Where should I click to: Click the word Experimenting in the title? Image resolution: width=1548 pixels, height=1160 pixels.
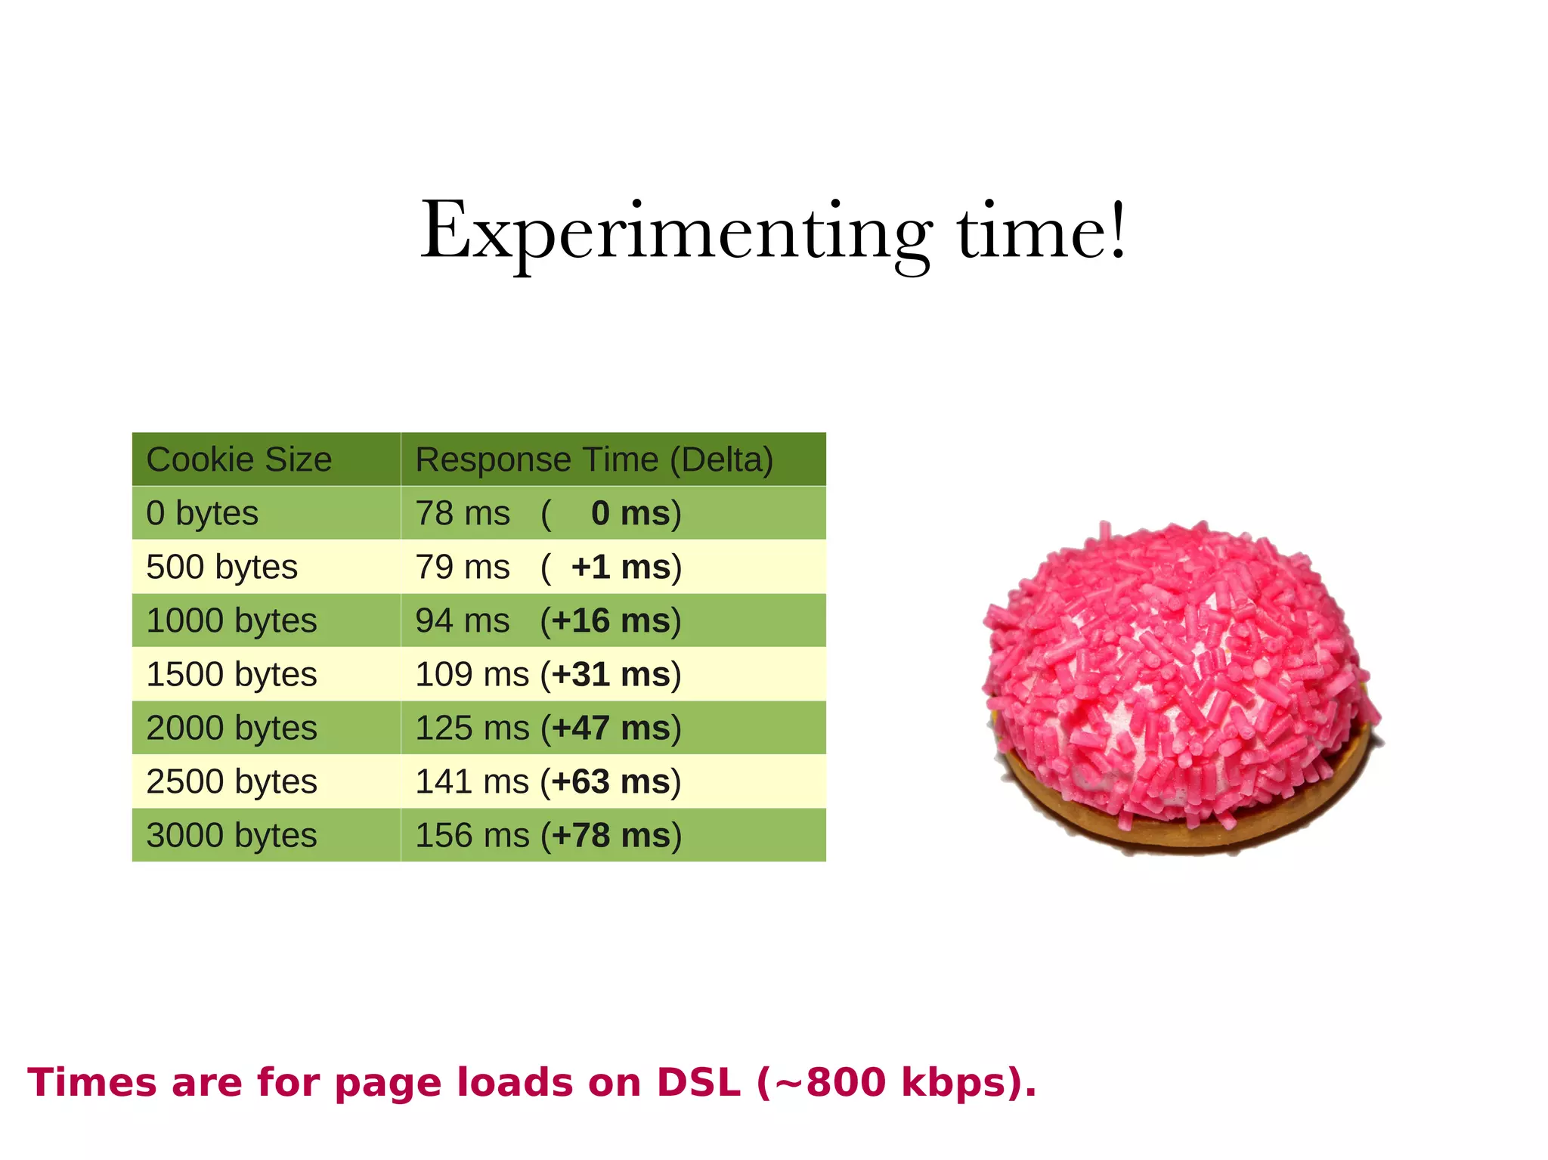(676, 232)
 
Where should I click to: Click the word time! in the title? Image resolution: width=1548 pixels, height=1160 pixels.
(1042, 232)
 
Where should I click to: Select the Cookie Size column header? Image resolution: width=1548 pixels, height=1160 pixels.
(239, 459)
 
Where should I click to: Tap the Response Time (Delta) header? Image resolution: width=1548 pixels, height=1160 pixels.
(594, 459)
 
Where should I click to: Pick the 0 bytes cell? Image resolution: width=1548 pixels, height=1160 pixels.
(202, 513)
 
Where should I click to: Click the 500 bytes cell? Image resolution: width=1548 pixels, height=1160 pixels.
(221, 567)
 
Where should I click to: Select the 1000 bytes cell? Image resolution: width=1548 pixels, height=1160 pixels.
(231, 620)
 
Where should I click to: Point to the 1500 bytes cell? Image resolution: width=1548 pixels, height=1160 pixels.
(231, 674)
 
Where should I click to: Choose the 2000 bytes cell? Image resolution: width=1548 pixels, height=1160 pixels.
(231, 728)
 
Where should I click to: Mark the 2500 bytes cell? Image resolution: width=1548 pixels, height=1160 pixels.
(231, 781)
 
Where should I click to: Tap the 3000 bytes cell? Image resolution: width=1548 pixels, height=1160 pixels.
(231, 835)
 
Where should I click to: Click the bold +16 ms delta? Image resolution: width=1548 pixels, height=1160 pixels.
(611, 620)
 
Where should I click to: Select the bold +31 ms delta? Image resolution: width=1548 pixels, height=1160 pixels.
(611, 674)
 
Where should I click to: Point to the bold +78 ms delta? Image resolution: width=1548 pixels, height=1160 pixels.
(611, 835)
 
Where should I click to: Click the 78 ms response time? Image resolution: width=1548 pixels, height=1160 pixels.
(463, 513)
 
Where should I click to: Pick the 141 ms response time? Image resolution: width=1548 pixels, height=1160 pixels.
(472, 781)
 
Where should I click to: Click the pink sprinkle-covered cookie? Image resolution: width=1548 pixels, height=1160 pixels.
(1181, 688)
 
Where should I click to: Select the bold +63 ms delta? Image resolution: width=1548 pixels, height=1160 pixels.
(611, 781)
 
